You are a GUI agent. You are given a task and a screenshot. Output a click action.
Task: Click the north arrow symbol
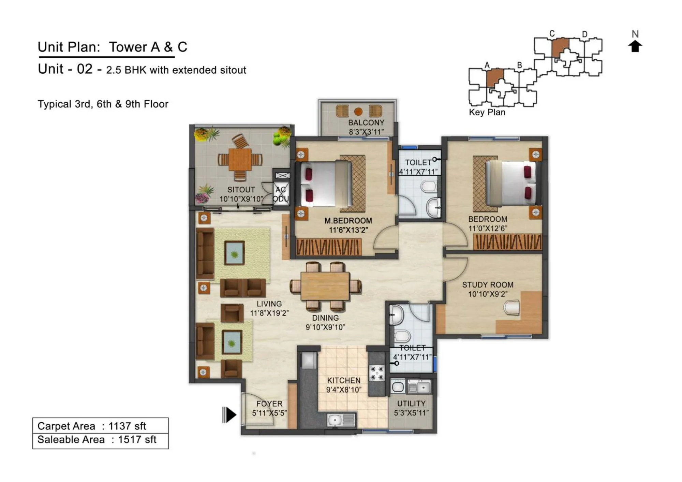click(x=635, y=46)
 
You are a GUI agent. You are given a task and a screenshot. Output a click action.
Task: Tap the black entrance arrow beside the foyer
click(x=229, y=414)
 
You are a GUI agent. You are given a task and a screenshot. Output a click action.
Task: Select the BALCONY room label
click(x=366, y=122)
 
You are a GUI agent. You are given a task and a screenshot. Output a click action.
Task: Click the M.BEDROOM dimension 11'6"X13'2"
click(x=348, y=230)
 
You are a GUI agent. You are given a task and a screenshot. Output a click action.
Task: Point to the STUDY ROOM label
click(x=487, y=285)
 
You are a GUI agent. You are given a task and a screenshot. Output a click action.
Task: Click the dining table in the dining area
click(x=325, y=286)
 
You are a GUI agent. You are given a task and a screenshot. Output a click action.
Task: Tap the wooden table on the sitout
click(x=240, y=159)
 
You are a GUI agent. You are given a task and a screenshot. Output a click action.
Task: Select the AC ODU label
click(x=281, y=194)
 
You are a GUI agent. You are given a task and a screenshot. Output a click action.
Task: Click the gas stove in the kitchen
click(x=377, y=373)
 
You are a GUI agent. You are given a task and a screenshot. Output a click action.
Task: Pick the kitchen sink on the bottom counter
click(x=341, y=420)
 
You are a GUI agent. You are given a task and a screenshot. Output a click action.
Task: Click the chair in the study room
click(x=512, y=307)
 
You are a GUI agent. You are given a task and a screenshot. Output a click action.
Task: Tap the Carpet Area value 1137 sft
click(x=127, y=426)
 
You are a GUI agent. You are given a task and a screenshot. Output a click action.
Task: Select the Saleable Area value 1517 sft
click(x=137, y=440)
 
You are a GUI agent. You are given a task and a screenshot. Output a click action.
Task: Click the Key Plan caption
click(x=487, y=112)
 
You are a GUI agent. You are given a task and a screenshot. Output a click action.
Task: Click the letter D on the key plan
click(x=584, y=34)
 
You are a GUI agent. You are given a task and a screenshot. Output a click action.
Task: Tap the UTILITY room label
click(x=411, y=404)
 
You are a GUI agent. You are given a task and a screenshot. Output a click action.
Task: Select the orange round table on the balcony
click(x=358, y=111)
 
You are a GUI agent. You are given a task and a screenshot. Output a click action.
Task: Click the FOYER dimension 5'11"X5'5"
click(x=269, y=413)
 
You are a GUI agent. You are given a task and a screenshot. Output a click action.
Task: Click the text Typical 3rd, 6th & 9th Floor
click(x=103, y=104)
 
